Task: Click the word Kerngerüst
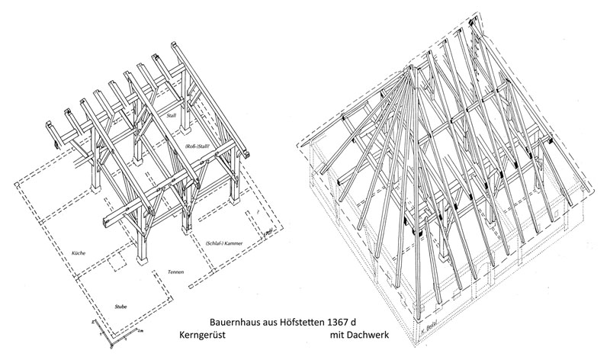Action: click(x=204, y=336)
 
